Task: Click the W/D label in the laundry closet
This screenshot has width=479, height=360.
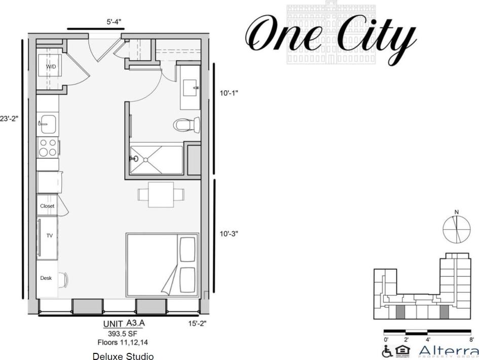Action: pyautogui.click(x=51, y=67)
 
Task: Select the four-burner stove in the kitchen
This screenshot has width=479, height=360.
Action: pyautogui.click(x=48, y=148)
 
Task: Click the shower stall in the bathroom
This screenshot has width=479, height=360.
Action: pyautogui.click(x=156, y=160)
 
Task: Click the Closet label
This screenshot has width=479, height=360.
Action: pyautogui.click(x=47, y=206)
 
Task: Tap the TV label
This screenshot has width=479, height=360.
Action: pyautogui.click(x=50, y=236)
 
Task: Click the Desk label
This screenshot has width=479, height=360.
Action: pyautogui.click(x=46, y=278)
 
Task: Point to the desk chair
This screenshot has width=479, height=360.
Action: pyautogui.click(x=64, y=279)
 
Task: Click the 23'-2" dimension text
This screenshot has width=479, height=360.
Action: pyautogui.click(x=9, y=119)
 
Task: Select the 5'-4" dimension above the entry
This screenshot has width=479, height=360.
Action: pyautogui.click(x=114, y=22)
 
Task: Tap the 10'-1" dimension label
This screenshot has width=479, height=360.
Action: pyautogui.click(x=229, y=93)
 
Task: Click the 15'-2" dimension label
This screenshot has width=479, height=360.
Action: pyautogui.click(x=197, y=323)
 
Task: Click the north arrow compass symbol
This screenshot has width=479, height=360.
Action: pyautogui.click(x=457, y=229)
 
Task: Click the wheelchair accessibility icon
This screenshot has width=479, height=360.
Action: pyautogui.click(x=388, y=351)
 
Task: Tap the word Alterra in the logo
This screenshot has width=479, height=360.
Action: pyautogui.click(x=449, y=350)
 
